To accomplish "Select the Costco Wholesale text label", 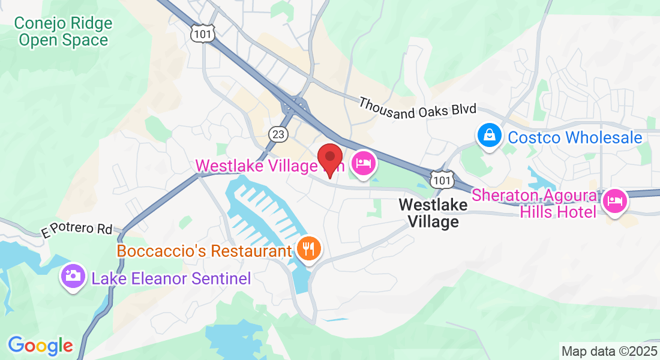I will pyautogui.click(x=575, y=137).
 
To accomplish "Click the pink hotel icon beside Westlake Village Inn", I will pyautogui.click(x=364, y=163).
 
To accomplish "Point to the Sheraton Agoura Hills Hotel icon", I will pyautogui.click(x=615, y=202).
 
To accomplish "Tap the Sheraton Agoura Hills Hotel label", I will pyautogui.click(x=535, y=203).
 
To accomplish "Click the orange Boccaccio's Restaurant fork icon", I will pyautogui.click(x=309, y=249).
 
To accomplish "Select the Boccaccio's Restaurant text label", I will pyautogui.click(x=204, y=250).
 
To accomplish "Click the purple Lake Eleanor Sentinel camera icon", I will pyautogui.click(x=73, y=277).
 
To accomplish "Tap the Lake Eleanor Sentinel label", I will pyautogui.click(x=170, y=278).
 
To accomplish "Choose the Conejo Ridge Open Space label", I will pyautogui.click(x=64, y=32).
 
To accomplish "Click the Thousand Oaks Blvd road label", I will pyautogui.click(x=418, y=107).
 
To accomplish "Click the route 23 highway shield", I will pyautogui.click(x=278, y=134).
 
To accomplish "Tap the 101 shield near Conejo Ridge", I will pyautogui.click(x=203, y=34).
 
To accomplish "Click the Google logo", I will pyautogui.click(x=40, y=346).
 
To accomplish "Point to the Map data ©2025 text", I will pyautogui.click(x=608, y=351).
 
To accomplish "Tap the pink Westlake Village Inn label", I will pyautogui.click(x=270, y=165).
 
